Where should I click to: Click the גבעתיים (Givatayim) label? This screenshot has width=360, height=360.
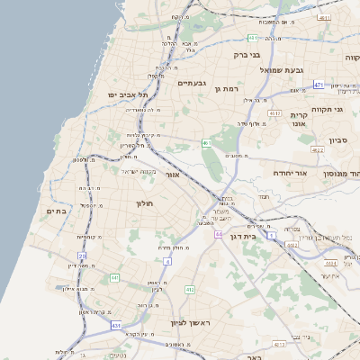click(x=192, y=83)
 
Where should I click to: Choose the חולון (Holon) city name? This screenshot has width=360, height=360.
click(x=146, y=203)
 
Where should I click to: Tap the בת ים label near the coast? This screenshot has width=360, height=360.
click(x=56, y=211)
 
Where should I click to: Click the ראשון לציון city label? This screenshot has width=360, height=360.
click(x=190, y=322)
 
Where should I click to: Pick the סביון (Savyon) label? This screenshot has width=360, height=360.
click(x=338, y=140)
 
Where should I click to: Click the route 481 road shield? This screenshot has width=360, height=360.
click(x=253, y=38)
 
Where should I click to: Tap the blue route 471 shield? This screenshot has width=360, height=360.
click(x=319, y=85)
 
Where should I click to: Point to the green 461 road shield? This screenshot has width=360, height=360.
click(x=207, y=142)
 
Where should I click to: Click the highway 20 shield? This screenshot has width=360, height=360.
click(x=82, y=256)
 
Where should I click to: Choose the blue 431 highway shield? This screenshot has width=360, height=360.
click(x=116, y=324)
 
